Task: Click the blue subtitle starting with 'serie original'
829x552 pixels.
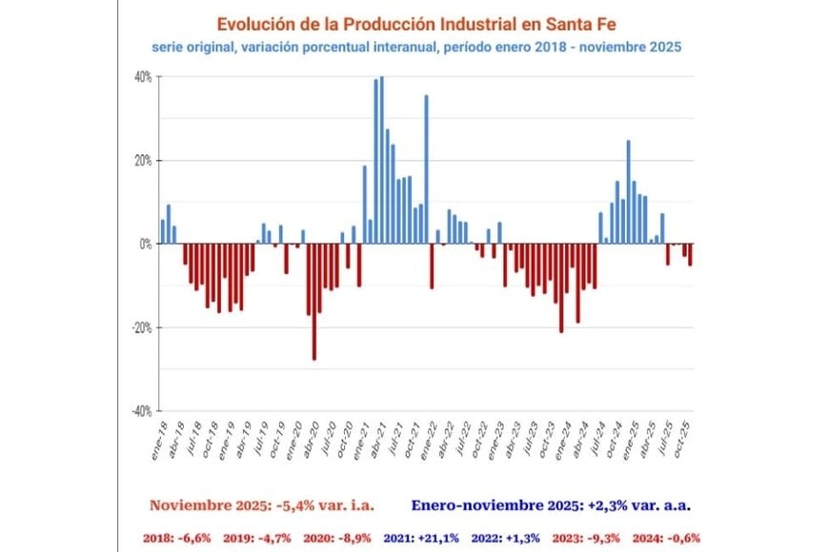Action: pyautogui.click(x=416, y=45)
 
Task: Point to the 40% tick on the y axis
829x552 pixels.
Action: pyautogui.click(x=141, y=77)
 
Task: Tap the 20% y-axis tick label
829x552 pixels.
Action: pyautogui.click(x=141, y=160)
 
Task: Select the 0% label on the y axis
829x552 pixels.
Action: pyautogui.click(x=144, y=244)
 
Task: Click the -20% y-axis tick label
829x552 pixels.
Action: pyautogui.click(x=140, y=327)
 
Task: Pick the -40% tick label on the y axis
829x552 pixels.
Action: pyautogui.click(x=140, y=411)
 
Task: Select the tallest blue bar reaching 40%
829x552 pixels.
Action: pyautogui.click(x=382, y=160)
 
